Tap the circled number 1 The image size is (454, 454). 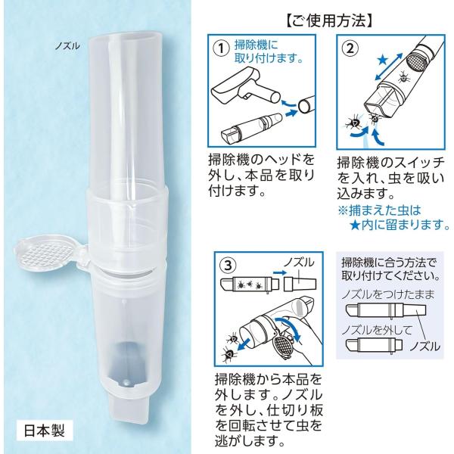pos(221,48)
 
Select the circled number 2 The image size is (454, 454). pos(350,48)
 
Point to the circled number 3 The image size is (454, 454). pos(229,266)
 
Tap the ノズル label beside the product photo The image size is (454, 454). pos(67,45)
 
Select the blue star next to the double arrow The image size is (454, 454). pos(383,61)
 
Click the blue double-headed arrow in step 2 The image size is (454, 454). pos(389,67)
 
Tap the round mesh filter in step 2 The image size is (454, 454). pos(415,61)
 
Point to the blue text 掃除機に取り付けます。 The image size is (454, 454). pos(268,52)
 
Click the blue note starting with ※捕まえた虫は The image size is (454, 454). pos(393,217)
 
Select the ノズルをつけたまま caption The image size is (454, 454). pos(388,294)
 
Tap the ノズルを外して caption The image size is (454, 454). pos(376,330)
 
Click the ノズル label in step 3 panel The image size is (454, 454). pos(298,263)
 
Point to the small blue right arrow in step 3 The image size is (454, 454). pos(279,272)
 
